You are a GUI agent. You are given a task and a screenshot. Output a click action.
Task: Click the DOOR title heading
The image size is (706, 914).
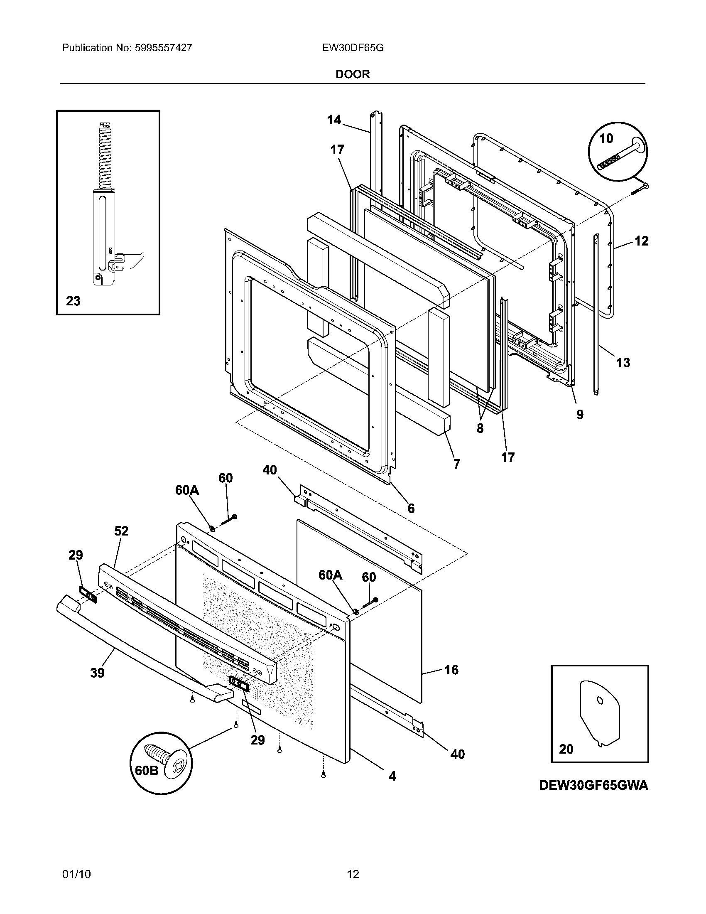[353, 74]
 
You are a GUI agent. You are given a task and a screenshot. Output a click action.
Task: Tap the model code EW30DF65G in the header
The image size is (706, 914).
[353, 48]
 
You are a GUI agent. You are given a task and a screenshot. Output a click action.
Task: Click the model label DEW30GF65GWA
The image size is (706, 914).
[593, 786]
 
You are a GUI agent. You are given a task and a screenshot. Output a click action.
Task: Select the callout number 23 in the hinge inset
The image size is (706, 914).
[73, 301]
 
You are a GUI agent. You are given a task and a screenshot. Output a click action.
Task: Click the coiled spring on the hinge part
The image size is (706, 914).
[103, 155]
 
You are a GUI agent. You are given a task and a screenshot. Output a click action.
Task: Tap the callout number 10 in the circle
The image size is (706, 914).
[606, 138]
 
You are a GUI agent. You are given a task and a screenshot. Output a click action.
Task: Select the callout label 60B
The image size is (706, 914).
[147, 770]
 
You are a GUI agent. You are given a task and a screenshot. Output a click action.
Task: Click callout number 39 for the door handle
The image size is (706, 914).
[97, 673]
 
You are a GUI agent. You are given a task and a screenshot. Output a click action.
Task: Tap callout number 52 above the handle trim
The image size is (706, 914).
[121, 531]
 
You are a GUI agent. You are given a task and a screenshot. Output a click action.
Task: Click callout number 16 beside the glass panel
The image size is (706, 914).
[451, 670]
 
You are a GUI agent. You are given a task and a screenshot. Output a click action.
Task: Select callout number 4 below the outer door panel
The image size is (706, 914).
[392, 776]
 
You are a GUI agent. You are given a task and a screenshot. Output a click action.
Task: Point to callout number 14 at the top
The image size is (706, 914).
[334, 120]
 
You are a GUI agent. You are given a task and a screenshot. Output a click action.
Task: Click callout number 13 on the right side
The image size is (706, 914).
[623, 362]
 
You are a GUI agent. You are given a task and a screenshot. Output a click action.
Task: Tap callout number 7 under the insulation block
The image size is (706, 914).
[457, 463]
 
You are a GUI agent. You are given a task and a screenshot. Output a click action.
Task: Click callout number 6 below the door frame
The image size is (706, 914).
[411, 508]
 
